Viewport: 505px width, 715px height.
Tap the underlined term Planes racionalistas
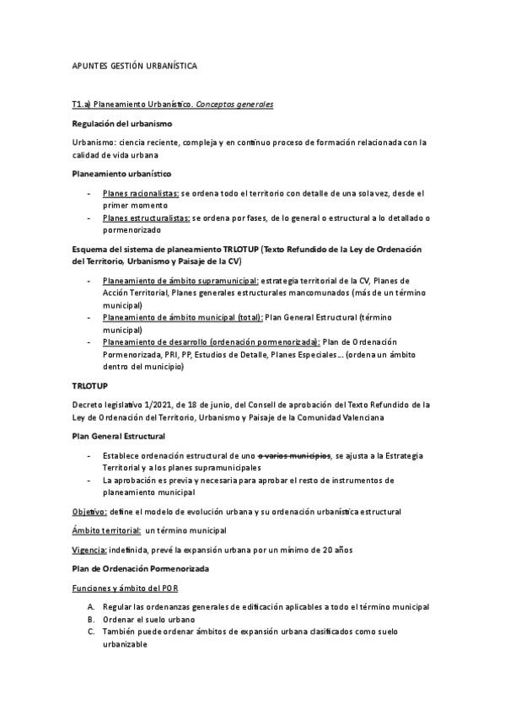tap(141, 193)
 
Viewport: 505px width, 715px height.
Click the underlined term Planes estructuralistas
tap(146, 218)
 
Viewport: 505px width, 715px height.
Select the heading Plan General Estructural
tap(118, 436)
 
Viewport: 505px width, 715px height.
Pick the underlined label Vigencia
tap(89, 549)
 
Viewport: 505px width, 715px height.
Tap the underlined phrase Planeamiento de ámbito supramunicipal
tap(180, 280)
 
